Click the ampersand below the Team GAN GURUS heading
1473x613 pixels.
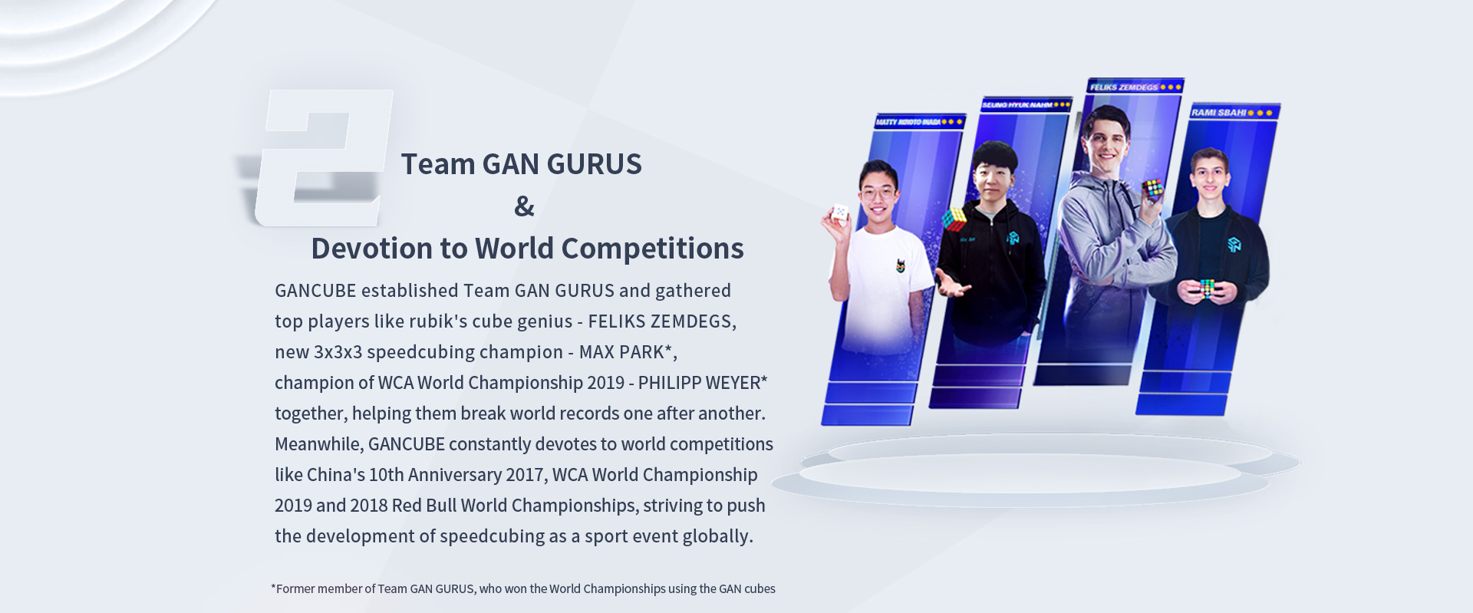point(524,206)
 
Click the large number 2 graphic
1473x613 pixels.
point(322,157)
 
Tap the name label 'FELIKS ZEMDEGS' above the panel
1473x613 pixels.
point(1124,87)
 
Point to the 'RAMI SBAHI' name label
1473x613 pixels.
point(1219,113)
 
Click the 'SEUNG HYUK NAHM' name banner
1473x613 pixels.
point(1017,105)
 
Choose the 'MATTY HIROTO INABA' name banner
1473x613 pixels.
point(908,122)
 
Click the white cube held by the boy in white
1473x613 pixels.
point(840,213)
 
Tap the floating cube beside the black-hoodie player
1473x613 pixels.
point(954,219)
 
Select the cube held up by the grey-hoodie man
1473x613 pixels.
point(1152,188)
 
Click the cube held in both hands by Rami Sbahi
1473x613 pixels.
point(1208,288)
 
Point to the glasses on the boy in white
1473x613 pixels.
point(879,193)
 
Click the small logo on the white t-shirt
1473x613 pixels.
point(901,265)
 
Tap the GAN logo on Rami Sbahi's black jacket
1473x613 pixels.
point(1234,245)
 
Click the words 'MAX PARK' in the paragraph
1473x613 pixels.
point(621,352)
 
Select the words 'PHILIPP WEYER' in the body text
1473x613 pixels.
point(699,383)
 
